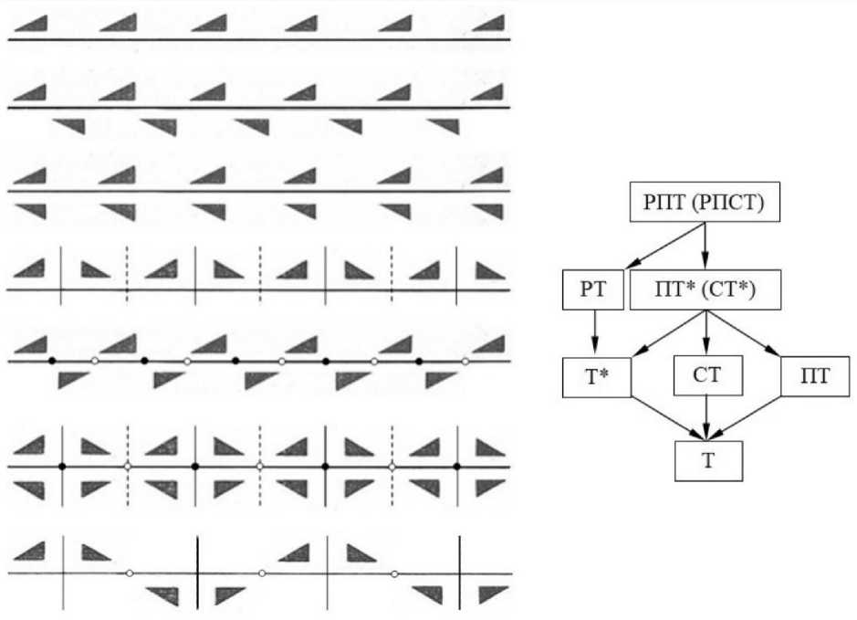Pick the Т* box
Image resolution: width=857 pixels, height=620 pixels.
click(x=594, y=376)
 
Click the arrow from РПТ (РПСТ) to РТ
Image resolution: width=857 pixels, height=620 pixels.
click(x=648, y=247)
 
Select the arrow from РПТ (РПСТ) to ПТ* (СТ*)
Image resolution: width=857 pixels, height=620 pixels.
click(x=705, y=246)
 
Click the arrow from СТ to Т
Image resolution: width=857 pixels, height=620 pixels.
click(x=707, y=417)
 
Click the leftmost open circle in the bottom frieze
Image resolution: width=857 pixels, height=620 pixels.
click(x=130, y=573)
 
